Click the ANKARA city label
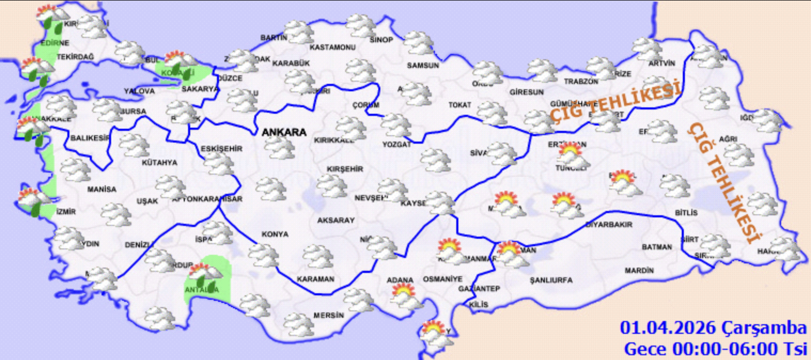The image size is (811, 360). click(284, 132)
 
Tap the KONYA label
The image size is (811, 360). click(275, 234)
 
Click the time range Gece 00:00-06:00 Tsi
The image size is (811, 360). click(715, 349)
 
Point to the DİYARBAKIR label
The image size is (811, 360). click(609, 225)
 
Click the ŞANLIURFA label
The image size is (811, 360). click(551, 280)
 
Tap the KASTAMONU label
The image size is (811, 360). click(332, 48)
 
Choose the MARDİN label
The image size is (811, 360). click(639, 271)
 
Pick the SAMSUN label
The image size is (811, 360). click(423, 66)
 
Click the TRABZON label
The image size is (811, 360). click(581, 82)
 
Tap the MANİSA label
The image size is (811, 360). click(102, 189)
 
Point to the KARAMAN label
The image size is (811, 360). click(315, 279)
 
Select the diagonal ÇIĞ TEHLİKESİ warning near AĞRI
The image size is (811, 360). click(726, 183)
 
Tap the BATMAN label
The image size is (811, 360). click(657, 247)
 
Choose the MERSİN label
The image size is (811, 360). click(328, 315)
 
